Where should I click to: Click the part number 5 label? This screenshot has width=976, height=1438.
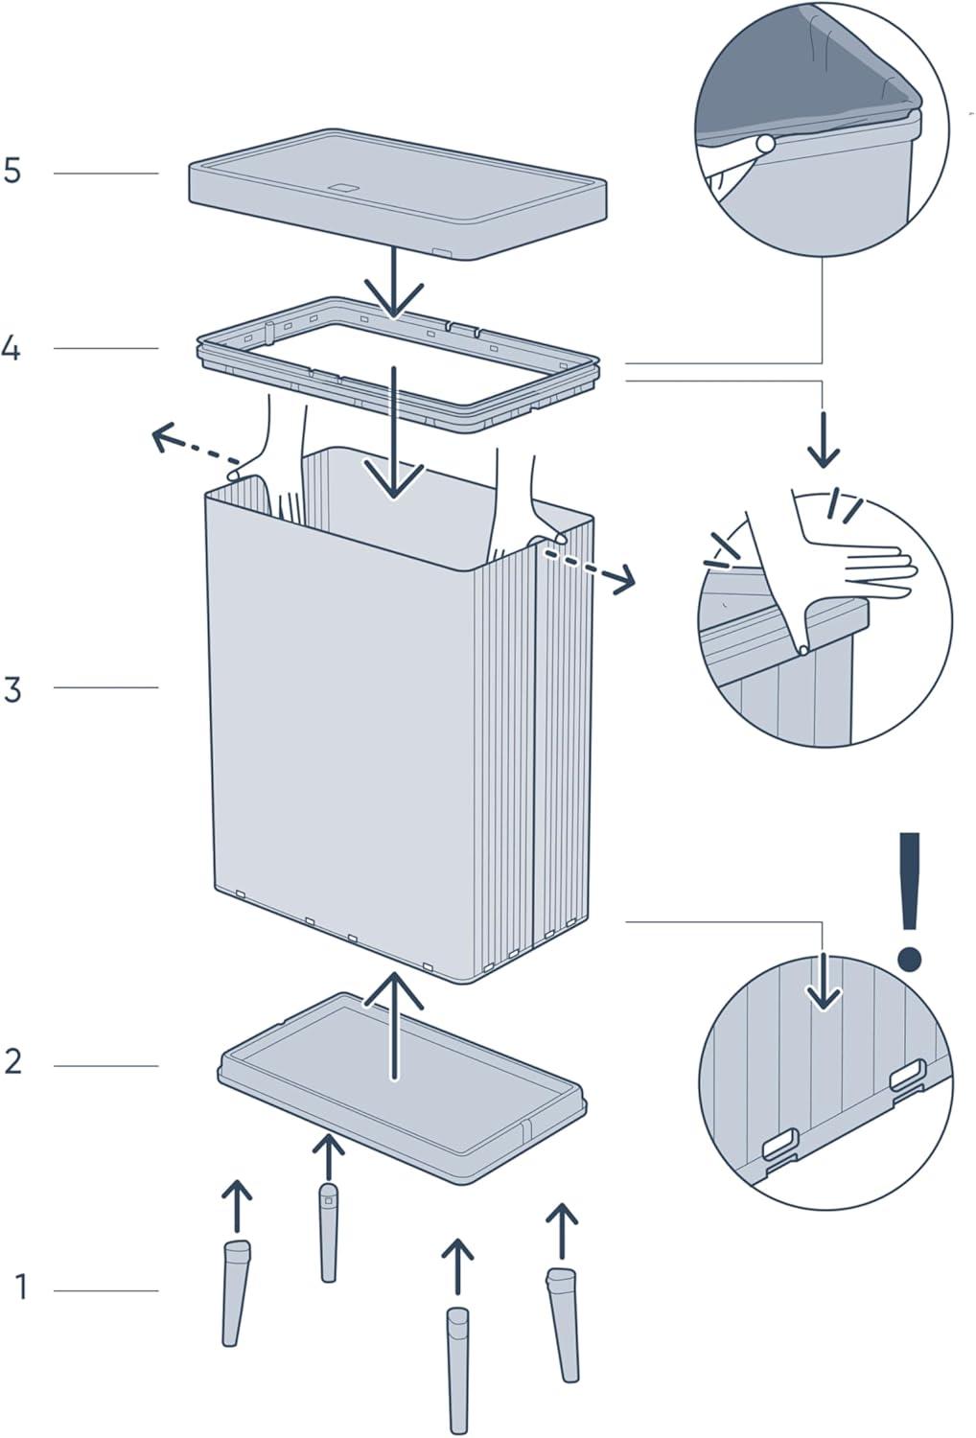coord(12,172)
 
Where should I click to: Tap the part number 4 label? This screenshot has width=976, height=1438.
coord(11,348)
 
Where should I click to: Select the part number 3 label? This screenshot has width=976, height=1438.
coord(12,688)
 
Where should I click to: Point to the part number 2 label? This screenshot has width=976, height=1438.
coord(12,1062)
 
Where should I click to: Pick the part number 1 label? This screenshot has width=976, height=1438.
coord(21,1287)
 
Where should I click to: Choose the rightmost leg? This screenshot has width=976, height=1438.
coord(563,1323)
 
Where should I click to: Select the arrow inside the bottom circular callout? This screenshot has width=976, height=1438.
coord(823,983)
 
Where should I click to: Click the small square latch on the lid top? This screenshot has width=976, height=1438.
coord(341,187)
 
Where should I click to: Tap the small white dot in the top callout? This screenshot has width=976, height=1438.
coord(764,145)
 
